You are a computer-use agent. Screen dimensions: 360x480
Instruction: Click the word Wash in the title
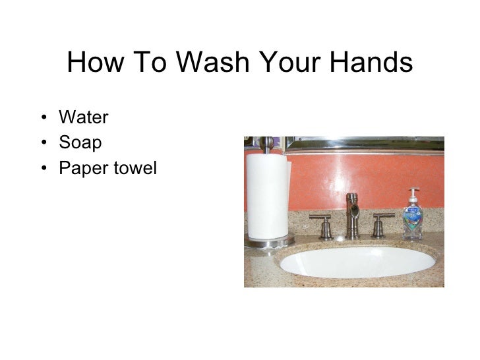(x=208, y=63)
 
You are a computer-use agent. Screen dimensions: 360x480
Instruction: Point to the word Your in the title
(x=288, y=63)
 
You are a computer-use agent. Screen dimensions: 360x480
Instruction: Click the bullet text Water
(x=83, y=118)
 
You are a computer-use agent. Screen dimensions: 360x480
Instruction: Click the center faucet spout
(x=353, y=211)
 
